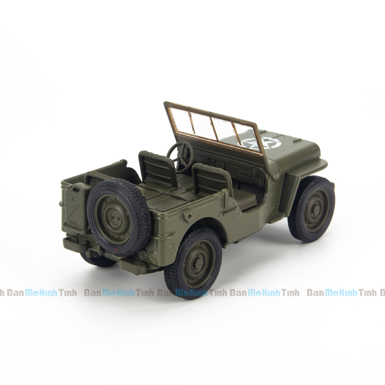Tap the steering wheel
coord(180,156)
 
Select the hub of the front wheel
coord(312,209)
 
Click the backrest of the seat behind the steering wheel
coord(158,168)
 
